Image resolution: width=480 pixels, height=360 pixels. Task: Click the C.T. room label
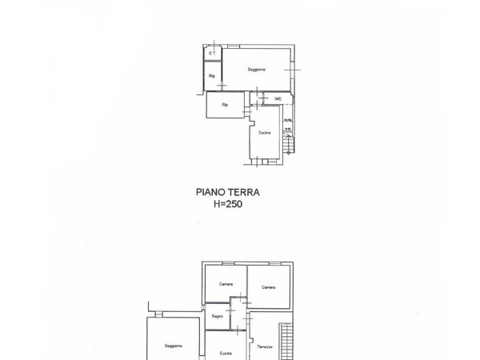211,54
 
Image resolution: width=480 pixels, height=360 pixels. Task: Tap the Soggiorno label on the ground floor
256,70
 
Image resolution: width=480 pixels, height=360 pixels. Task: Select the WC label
278,98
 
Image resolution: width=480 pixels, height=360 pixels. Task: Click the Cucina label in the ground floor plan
265,131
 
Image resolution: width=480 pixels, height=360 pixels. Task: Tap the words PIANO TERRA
228,192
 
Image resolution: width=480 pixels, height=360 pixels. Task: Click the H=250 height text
228,204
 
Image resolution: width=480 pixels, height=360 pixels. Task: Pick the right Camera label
267,288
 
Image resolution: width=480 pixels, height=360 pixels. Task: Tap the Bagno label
217,317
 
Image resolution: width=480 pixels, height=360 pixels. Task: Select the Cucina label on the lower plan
226,352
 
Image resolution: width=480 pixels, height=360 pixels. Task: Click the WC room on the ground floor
274,99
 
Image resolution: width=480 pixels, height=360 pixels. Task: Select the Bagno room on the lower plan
218,317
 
